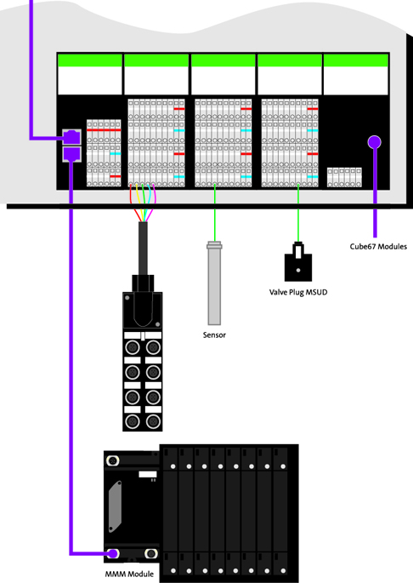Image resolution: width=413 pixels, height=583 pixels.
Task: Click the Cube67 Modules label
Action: (x=378, y=247)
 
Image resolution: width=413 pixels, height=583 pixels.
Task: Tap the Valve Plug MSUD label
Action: (x=298, y=292)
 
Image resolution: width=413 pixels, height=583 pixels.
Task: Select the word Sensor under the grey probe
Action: (x=214, y=335)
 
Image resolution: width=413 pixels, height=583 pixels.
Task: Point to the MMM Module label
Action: (x=129, y=574)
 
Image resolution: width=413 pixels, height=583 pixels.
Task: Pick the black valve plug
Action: (x=298, y=262)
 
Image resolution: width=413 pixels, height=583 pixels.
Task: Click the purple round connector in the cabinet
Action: (x=375, y=142)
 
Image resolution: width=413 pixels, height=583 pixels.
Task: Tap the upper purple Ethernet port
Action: (x=71, y=137)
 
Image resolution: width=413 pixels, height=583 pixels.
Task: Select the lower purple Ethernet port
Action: (x=71, y=154)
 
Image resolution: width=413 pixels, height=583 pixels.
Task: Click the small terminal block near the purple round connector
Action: (x=344, y=177)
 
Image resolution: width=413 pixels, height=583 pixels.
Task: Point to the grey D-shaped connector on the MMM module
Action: (x=115, y=506)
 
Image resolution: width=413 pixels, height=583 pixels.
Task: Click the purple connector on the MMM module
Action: (x=113, y=553)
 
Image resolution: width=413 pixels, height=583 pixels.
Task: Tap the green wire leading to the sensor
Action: (x=215, y=213)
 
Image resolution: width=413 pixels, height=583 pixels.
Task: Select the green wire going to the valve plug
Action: (x=298, y=213)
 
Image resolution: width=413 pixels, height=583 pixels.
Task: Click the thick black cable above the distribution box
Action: (x=143, y=249)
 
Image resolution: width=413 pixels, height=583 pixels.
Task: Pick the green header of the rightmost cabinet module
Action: (x=356, y=60)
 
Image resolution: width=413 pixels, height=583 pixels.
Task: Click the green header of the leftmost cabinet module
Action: (x=90, y=60)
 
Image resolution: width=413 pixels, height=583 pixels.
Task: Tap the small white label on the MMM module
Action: (x=148, y=474)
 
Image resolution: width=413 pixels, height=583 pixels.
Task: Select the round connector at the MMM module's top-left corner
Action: (x=112, y=461)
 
